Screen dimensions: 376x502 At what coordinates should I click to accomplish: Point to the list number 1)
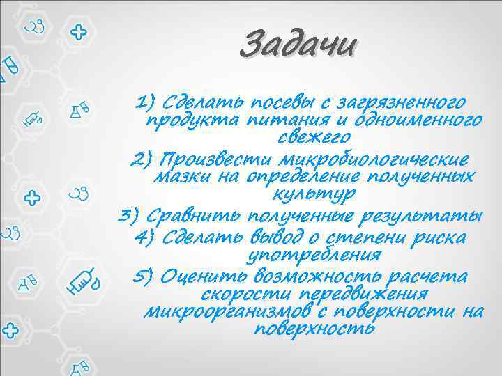tap(147, 104)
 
